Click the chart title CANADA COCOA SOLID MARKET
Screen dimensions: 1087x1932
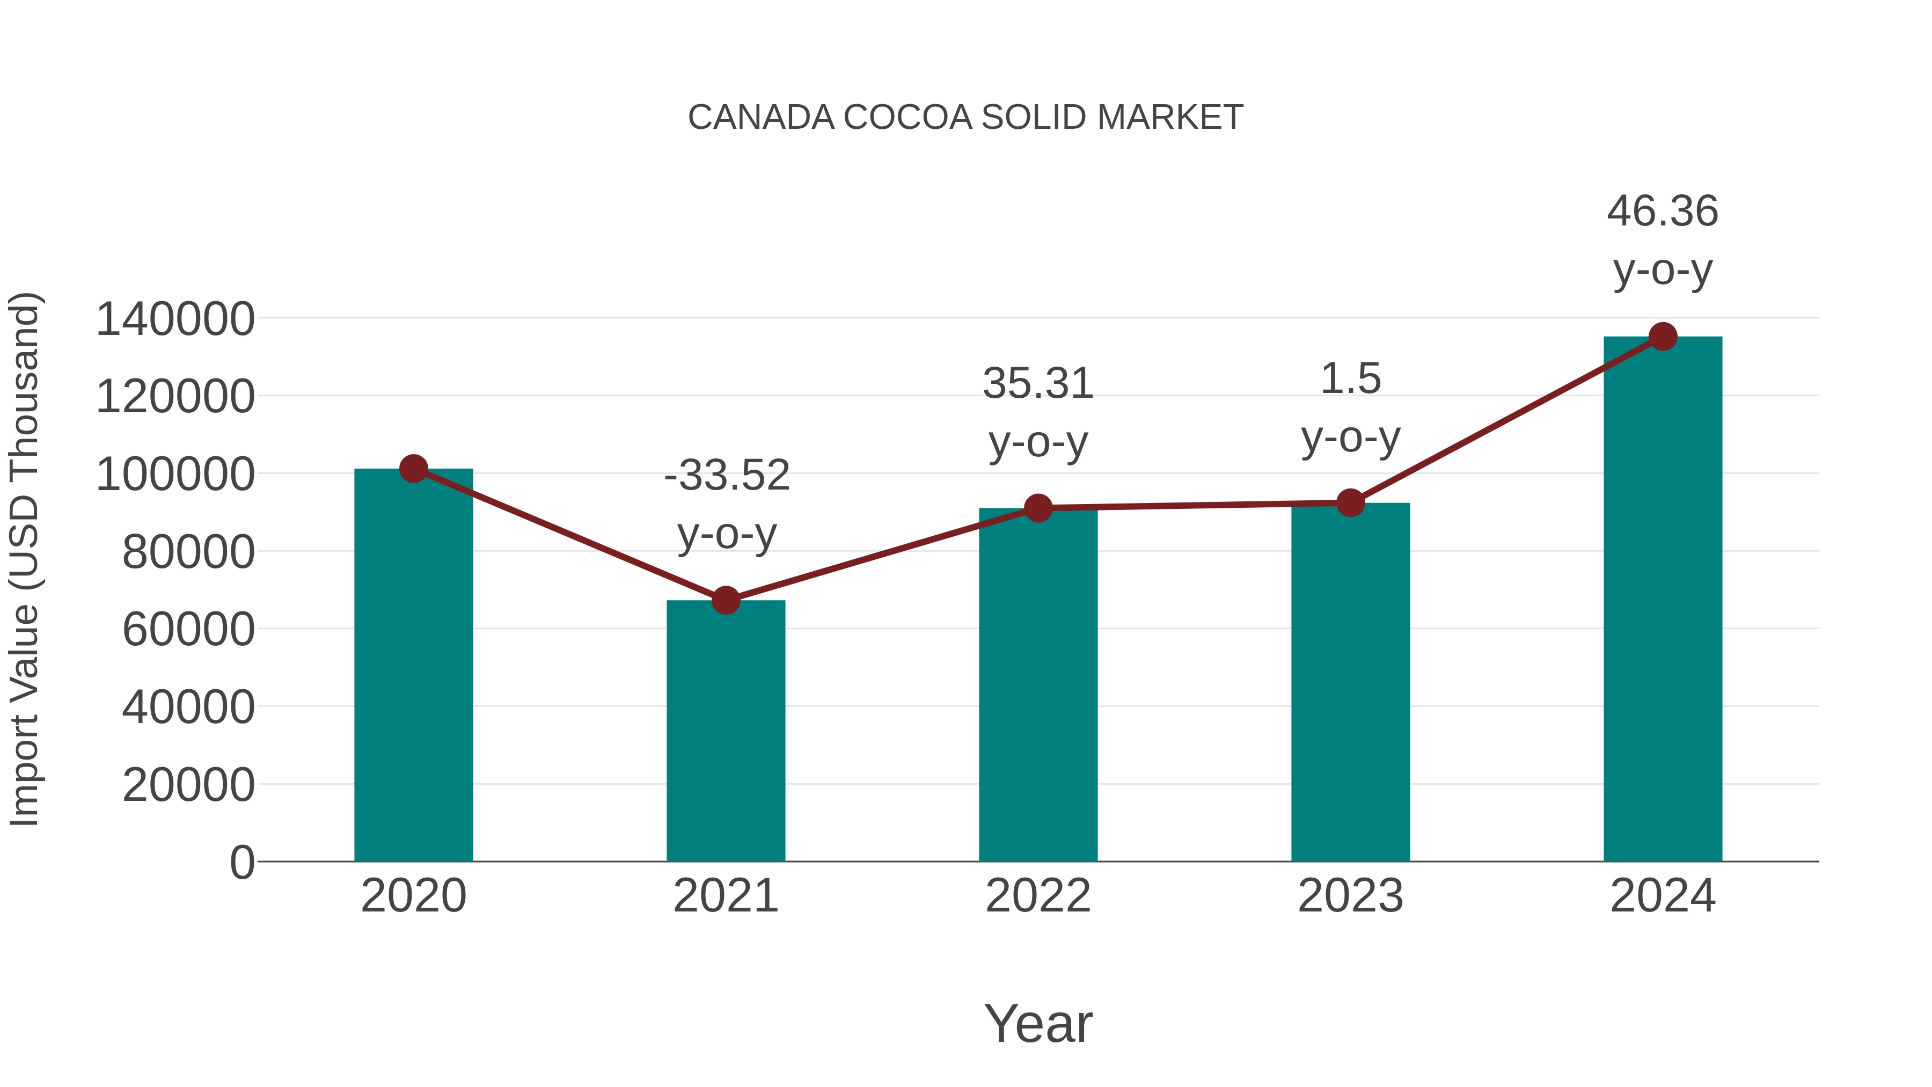tap(965, 118)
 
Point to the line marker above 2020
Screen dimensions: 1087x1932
tap(413, 469)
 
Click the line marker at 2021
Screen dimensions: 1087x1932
tap(725, 600)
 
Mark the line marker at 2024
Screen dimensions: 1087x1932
tap(1663, 337)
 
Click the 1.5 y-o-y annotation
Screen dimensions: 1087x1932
tap(1350, 407)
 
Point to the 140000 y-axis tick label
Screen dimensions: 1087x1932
tap(175, 319)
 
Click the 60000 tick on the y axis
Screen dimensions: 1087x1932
tap(188, 630)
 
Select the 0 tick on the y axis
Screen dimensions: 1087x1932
tap(241, 862)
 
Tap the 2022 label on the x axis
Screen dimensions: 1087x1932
tap(1038, 896)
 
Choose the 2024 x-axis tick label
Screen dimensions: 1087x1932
tap(1663, 896)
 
